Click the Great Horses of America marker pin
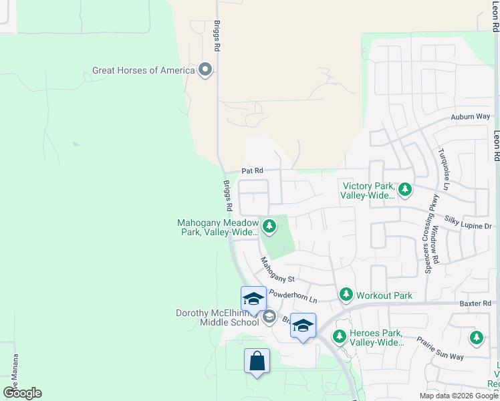click(x=205, y=70)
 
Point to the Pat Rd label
click(x=252, y=170)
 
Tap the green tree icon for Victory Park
click(x=405, y=190)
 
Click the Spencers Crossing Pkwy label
click(x=428, y=234)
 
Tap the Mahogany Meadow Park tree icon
click(x=269, y=227)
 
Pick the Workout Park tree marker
click(x=346, y=294)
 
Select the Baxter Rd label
click(x=475, y=303)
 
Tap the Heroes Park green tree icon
click(x=340, y=336)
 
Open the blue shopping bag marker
click(x=257, y=362)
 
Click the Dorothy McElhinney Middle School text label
click(x=217, y=317)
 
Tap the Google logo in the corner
click(x=22, y=393)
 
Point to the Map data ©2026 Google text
click(x=458, y=396)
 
